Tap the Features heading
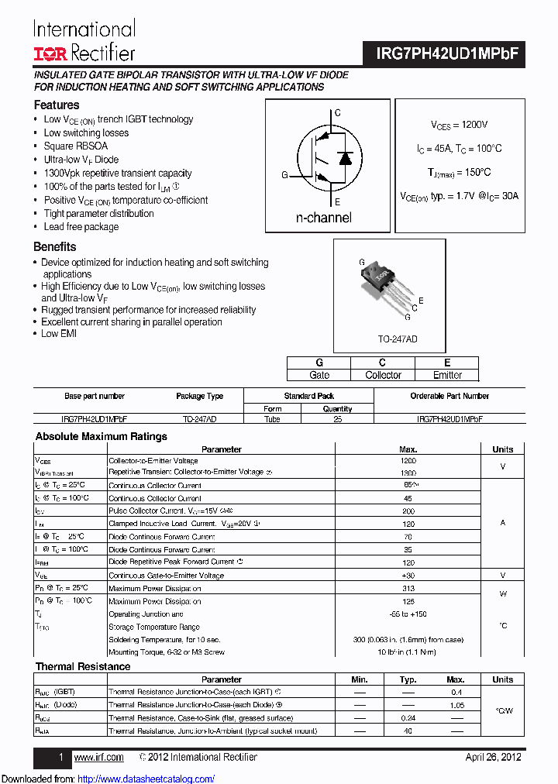pos(56,105)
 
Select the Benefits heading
pos(54,246)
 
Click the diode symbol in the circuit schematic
pos(347,158)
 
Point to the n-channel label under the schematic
pos(323,218)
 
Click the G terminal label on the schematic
pos(284,175)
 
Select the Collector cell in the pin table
pos(383,375)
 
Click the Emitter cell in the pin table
pos(447,375)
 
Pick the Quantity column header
pos(337,408)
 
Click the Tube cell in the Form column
pos(273,418)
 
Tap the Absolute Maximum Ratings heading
pos(101,436)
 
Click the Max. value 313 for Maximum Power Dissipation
pos(408,588)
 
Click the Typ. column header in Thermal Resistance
pos(408,679)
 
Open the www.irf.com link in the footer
pos(98,757)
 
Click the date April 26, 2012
pos(493,757)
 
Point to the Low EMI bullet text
pos(59,333)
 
